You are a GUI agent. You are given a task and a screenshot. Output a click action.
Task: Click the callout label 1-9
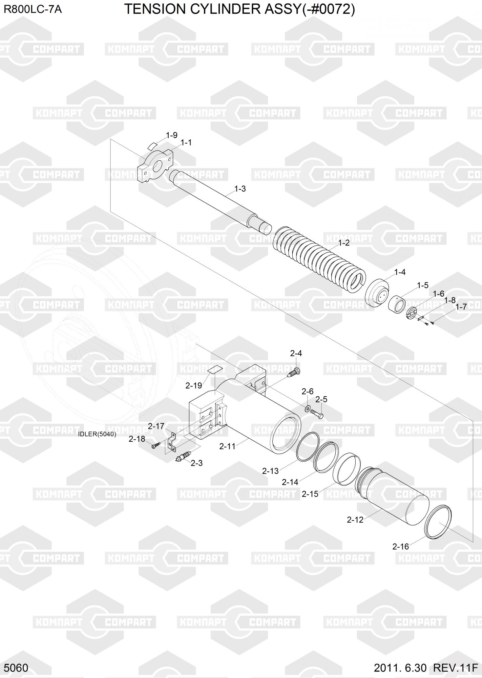coord(172,135)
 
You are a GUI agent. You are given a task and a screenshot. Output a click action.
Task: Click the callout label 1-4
coord(400,272)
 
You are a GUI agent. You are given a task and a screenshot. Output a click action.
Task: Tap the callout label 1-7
coord(461,307)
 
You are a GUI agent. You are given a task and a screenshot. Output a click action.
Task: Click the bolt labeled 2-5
coord(316,413)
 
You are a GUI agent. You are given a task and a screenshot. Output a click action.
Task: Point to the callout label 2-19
coord(194,385)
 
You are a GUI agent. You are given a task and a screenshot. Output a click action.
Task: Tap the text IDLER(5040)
coord(97,434)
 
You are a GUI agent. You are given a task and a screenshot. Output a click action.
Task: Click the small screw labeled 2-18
coord(155,446)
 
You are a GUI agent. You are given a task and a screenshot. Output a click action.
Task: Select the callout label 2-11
coord(227,446)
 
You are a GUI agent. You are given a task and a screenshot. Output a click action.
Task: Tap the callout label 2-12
coord(355,520)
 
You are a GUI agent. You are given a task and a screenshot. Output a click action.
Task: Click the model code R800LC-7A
coord(33,9)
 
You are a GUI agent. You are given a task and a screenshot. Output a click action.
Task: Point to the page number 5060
coord(16,668)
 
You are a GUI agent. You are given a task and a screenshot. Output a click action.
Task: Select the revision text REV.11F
coord(455,668)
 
